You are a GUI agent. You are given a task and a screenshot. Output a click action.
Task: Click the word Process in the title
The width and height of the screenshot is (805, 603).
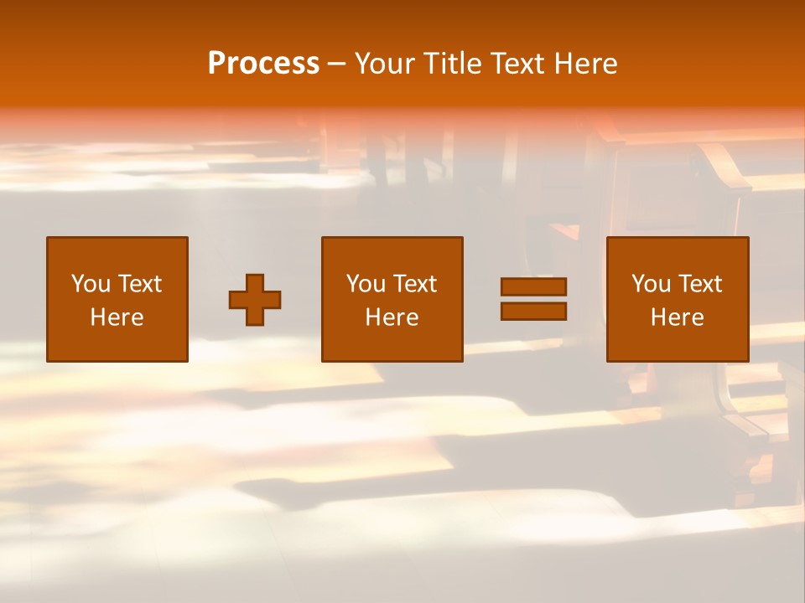(263, 64)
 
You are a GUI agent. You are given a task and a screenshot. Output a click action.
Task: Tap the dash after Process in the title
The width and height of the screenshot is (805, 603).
(337, 64)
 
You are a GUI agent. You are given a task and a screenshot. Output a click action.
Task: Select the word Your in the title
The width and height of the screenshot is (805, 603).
(382, 64)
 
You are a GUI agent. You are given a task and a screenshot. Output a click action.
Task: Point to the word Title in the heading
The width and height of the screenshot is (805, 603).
(449, 64)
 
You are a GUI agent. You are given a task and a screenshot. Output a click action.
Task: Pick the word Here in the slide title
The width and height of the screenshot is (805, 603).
(586, 64)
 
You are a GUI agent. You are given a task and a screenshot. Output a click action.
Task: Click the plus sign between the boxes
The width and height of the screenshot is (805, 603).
(255, 300)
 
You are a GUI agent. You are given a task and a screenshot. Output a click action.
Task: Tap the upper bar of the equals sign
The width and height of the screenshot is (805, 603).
(533, 286)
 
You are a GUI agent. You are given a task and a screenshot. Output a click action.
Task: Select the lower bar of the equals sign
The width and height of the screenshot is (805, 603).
(533, 311)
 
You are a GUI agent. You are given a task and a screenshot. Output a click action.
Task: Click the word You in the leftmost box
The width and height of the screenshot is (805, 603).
(91, 284)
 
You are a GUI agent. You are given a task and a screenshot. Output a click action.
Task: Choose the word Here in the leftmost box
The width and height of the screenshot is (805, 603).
(117, 317)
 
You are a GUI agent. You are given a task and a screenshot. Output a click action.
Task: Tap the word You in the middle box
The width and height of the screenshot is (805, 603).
(366, 284)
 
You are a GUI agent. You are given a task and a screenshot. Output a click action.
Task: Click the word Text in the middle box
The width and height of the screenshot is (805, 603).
(414, 284)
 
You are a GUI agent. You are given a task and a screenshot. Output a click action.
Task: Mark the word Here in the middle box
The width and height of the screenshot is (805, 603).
(392, 317)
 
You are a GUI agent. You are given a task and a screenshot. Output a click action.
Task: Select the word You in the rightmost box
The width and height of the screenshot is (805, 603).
(651, 284)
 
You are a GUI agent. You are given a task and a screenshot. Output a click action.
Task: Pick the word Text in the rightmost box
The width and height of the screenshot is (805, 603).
(699, 284)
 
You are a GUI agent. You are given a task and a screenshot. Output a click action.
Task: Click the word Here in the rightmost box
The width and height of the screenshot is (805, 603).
(677, 317)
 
